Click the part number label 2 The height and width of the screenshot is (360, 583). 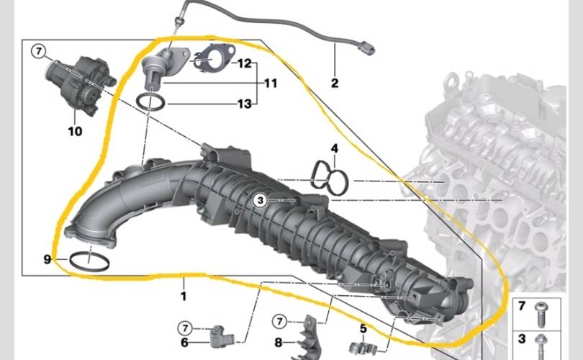click(335, 83)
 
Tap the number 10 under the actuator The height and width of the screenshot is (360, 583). click(75, 131)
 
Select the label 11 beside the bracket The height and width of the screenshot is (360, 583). click(271, 84)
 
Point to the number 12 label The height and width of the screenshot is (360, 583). click(245, 63)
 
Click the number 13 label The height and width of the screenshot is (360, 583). click(245, 104)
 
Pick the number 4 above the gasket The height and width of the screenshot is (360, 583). click(335, 149)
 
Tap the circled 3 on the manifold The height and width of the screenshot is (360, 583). click(261, 200)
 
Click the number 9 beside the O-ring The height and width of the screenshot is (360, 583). click(48, 259)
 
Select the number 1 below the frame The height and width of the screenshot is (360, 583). click(184, 297)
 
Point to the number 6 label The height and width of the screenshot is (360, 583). click(184, 342)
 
